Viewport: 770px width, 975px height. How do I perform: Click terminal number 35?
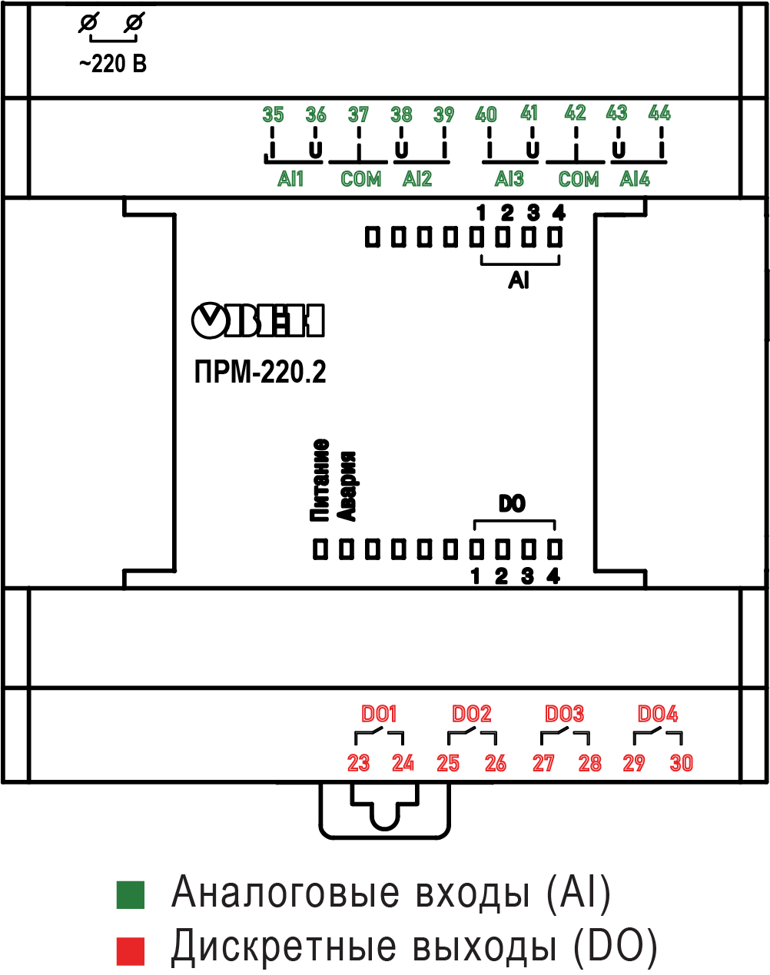click(x=273, y=115)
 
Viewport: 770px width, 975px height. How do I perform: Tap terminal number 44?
click(x=659, y=114)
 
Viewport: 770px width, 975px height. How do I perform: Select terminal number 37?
click(x=358, y=115)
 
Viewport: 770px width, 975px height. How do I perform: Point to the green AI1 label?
click(x=290, y=179)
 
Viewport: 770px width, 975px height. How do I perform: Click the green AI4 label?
click(x=635, y=179)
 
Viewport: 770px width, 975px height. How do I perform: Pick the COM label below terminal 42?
click(x=578, y=180)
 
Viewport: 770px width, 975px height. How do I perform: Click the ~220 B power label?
click(x=112, y=65)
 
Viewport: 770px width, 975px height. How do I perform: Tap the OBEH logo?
click(x=257, y=321)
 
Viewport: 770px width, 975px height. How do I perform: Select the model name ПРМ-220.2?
click(x=260, y=373)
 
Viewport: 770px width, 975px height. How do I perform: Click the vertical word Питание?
click(x=320, y=480)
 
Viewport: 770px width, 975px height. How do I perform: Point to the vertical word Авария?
click(x=348, y=486)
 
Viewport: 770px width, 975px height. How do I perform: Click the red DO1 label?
click(x=379, y=715)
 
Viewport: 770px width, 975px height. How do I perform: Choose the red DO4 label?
click(x=657, y=715)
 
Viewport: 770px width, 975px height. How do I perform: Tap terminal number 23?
click(x=358, y=763)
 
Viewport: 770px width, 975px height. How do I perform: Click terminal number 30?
click(x=681, y=763)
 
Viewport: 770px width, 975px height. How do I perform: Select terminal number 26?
click(x=496, y=763)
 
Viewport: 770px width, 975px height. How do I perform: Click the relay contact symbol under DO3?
click(x=565, y=738)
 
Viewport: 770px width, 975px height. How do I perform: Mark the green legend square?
click(x=130, y=894)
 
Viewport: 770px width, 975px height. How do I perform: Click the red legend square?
click(x=130, y=950)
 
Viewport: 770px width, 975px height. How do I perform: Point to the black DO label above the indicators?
click(x=512, y=504)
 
